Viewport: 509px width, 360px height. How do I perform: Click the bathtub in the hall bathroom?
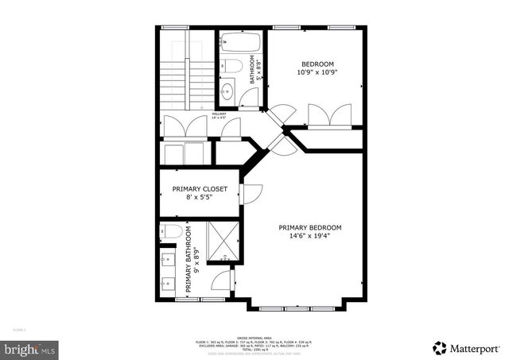[x=236, y=41]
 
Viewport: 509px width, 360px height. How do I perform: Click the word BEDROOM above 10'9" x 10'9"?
[x=317, y=64]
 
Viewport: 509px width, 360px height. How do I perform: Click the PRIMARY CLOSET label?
[x=200, y=189]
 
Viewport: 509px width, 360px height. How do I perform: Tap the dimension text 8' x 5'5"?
[x=200, y=199]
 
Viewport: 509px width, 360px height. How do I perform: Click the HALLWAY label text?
[x=219, y=114]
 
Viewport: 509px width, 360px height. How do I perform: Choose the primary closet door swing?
[x=252, y=193]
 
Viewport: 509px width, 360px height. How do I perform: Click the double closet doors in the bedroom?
[x=330, y=116]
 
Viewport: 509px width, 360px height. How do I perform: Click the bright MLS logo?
[x=29, y=348]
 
